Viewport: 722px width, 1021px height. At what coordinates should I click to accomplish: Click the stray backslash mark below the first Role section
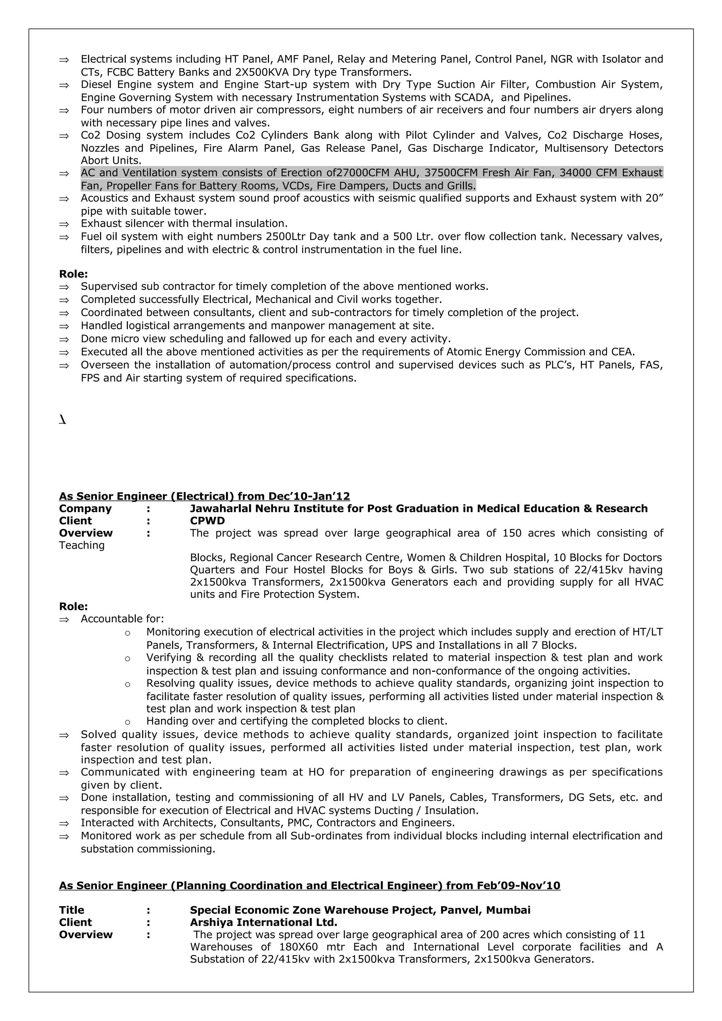(63, 420)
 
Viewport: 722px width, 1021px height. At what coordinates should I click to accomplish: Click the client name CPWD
(207, 521)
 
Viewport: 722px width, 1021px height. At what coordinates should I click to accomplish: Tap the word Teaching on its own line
(82, 545)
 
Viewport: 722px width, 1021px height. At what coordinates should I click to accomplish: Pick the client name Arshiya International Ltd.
(263, 922)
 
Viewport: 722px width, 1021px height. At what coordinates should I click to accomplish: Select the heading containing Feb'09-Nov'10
(310, 885)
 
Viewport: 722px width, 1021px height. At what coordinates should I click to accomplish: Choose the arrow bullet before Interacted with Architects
(64, 823)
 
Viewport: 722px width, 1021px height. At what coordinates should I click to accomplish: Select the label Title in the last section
(72, 910)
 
